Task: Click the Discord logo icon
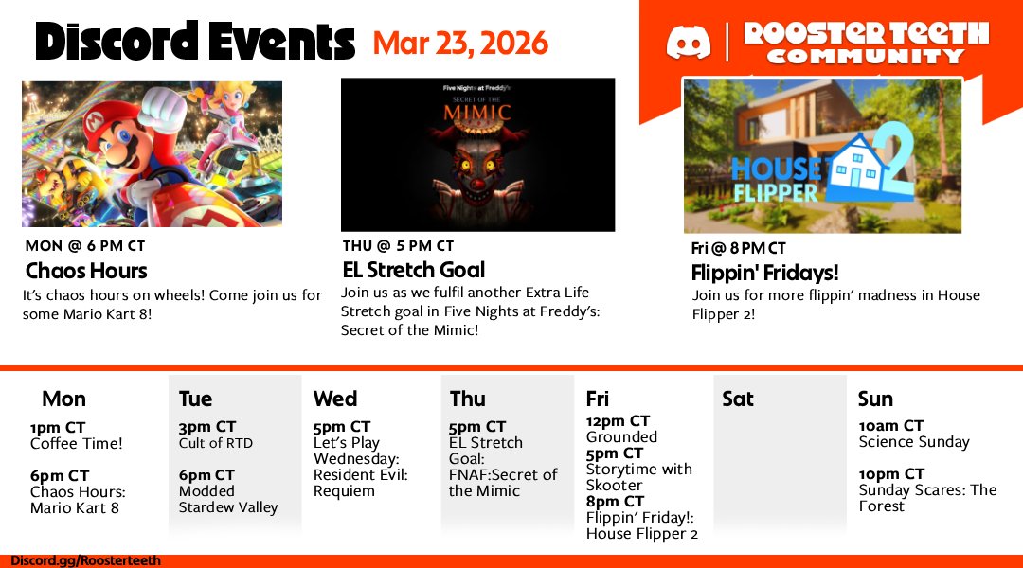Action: [689, 43]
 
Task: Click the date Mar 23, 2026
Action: [460, 43]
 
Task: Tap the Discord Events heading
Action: [194, 42]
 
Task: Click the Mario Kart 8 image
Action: [152, 153]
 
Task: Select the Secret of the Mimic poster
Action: [477, 154]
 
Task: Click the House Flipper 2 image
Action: [822, 155]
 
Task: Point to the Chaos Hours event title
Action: [86, 271]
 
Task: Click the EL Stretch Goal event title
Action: [413, 270]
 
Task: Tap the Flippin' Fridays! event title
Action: [764, 274]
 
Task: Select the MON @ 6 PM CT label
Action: [85, 246]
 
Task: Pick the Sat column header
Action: [738, 399]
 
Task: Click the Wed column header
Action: [335, 399]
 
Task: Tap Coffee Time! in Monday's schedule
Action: [77, 443]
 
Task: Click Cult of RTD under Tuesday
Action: [216, 443]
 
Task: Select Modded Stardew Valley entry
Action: [228, 499]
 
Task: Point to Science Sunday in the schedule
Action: [914, 442]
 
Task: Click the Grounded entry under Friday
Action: [621, 437]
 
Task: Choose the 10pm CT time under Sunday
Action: [891, 474]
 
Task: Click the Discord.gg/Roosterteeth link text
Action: [86, 560]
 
